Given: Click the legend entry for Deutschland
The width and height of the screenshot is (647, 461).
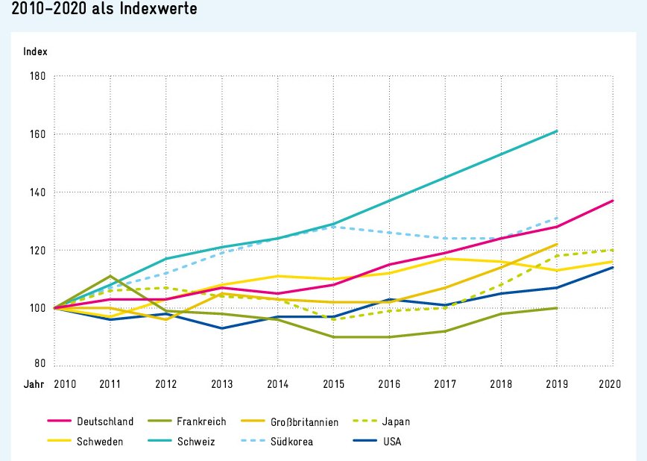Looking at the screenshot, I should (x=104, y=421).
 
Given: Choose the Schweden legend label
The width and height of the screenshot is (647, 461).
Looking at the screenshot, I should (x=98, y=441).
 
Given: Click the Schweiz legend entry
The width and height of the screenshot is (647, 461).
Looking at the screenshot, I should (x=195, y=441).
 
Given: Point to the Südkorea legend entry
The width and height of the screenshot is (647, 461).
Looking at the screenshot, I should (x=291, y=441).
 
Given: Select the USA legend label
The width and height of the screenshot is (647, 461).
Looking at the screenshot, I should (x=391, y=441).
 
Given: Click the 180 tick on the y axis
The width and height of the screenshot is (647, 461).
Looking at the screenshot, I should (x=37, y=76).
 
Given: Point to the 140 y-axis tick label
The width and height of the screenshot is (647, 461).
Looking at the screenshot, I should (x=37, y=192).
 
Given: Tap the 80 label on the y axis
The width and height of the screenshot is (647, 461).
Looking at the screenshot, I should (x=40, y=364).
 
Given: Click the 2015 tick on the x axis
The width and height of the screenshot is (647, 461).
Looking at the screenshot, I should (x=333, y=383).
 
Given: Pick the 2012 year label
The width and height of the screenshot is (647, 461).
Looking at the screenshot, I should (x=165, y=383).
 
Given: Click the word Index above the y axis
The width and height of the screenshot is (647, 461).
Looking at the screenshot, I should (x=36, y=51).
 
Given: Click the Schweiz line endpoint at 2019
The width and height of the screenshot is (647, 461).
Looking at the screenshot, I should (x=557, y=131).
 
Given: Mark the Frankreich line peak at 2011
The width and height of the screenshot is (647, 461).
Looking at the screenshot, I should (x=110, y=276).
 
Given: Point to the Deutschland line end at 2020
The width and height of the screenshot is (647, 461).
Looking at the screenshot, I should (x=613, y=201).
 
